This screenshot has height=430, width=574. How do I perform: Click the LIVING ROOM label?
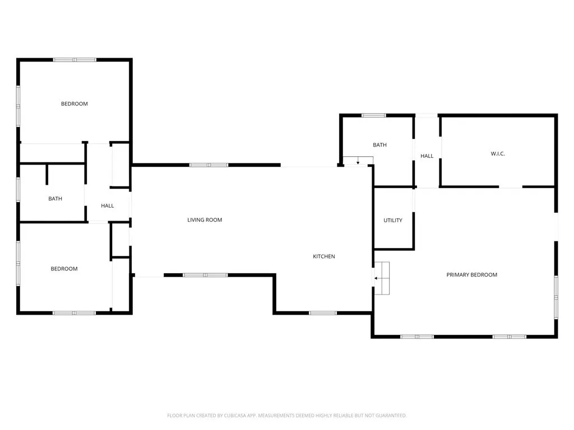point(205,220)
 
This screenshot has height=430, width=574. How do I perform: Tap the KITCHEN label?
point(324,256)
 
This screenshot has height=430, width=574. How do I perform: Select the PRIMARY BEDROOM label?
point(471,275)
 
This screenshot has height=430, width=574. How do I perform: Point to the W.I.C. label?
point(498,153)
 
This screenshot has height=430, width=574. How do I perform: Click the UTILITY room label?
point(393,221)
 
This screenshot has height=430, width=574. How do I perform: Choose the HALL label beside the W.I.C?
point(427,156)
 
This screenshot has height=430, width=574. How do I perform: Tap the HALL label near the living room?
point(108,206)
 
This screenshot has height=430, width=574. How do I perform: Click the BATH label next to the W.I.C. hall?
point(379,145)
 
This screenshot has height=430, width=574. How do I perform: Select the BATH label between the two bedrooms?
point(55,199)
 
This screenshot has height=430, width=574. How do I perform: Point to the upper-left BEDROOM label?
point(74,104)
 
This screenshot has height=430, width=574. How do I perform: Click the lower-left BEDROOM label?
point(64,269)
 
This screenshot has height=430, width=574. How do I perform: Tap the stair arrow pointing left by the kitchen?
point(378,278)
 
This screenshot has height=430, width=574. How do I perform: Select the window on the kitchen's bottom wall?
point(323,312)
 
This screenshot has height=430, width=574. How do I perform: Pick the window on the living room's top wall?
point(209,165)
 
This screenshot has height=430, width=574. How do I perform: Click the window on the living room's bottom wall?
point(205,275)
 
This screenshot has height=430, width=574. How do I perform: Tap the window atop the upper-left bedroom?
point(75,59)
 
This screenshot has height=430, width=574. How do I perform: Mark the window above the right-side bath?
point(373,115)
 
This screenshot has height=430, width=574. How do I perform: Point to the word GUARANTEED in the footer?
point(391,415)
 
